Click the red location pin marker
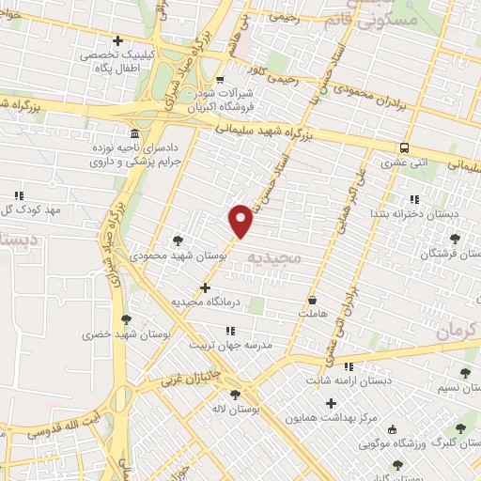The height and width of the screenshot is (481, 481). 241,221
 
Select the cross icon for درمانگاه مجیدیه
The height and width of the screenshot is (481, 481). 206,287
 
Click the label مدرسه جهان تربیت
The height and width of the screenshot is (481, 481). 231,345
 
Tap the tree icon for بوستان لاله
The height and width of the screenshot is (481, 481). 234,395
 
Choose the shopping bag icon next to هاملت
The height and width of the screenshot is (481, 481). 312,301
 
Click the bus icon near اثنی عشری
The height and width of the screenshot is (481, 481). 404,148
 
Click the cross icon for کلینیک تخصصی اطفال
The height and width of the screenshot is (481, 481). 117,40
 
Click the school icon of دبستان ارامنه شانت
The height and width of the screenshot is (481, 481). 349,367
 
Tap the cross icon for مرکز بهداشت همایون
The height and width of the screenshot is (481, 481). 331,404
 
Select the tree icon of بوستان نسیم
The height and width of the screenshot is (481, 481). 465,374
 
